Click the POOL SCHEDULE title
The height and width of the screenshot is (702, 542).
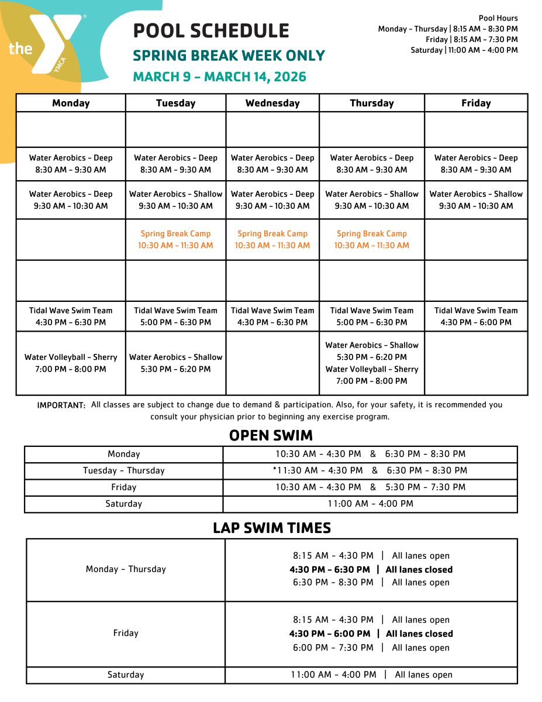point(211,30)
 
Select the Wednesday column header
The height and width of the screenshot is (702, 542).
point(272,103)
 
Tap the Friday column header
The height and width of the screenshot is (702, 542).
point(476,103)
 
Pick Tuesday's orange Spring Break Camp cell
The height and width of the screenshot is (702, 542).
point(175,239)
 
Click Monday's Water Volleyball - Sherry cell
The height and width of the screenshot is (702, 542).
point(71,363)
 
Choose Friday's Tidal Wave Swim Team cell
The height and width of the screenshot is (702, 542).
point(476,316)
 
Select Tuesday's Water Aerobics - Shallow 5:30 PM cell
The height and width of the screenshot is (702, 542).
point(175,363)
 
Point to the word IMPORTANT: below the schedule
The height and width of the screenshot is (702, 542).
point(61,405)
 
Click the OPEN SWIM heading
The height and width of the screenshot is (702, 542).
point(271,435)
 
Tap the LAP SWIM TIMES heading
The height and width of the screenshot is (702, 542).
point(272,528)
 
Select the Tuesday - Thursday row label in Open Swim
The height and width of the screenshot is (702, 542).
point(124,470)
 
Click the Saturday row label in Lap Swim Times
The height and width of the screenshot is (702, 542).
point(126,675)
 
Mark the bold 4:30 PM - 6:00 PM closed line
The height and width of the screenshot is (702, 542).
point(371,634)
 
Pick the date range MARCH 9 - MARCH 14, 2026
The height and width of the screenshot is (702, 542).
point(220,77)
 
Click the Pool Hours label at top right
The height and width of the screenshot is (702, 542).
point(498,18)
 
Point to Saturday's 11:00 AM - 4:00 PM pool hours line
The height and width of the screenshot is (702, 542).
point(464,50)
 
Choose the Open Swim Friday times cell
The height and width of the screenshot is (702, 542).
point(371,487)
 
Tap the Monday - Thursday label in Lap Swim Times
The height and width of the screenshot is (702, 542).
point(126,569)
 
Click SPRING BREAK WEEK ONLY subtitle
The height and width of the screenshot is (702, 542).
point(229,56)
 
